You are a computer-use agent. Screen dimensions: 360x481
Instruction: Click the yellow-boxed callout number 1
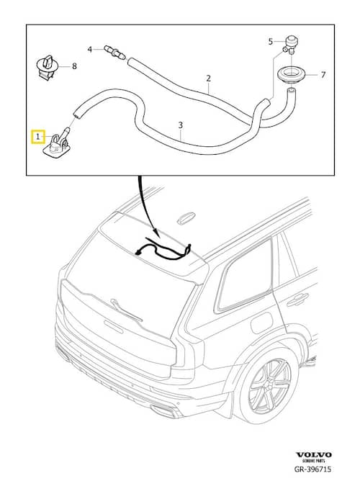click(x=38, y=137)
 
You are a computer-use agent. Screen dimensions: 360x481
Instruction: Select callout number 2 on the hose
click(x=209, y=78)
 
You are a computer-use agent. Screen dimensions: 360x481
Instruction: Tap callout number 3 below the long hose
click(x=181, y=125)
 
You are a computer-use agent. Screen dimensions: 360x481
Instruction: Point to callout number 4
click(x=90, y=49)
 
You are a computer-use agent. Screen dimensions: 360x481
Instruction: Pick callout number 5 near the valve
click(x=270, y=42)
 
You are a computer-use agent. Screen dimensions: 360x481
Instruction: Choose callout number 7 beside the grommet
click(x=323, y=75)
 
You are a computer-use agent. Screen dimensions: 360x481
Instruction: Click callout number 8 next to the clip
click(x=74, y=66)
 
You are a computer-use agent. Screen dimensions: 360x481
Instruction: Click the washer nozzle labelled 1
click(x=58, y=143)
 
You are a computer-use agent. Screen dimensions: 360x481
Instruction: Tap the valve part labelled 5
click(x=289, y=45)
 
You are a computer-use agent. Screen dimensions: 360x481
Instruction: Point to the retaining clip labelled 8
click(x=48, y=68)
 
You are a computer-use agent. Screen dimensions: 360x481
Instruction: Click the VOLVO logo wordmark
click(x=313, y=454)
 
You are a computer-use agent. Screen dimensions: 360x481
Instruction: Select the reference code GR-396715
click(x=312, y=469)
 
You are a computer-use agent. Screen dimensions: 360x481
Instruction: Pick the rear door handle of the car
click(x=297, y=300)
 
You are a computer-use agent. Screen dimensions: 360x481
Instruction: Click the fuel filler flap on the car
click(x=262, y=323)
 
